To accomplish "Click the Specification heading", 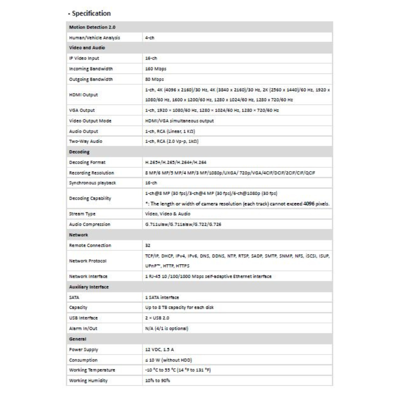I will coord(91,14).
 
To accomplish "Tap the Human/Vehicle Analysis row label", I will coord(94,38).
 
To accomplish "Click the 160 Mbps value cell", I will coord(155,69).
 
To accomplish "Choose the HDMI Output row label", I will coord(83,95).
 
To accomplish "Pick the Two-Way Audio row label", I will coord(85,141).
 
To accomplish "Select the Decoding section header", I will coord(79,152).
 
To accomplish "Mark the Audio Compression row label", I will coord(89,224).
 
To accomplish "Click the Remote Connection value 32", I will coord(147,245).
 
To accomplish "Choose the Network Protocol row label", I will coord(88,261).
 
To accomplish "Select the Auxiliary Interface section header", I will coord(88,287).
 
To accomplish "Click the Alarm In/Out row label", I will coord(83,328).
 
